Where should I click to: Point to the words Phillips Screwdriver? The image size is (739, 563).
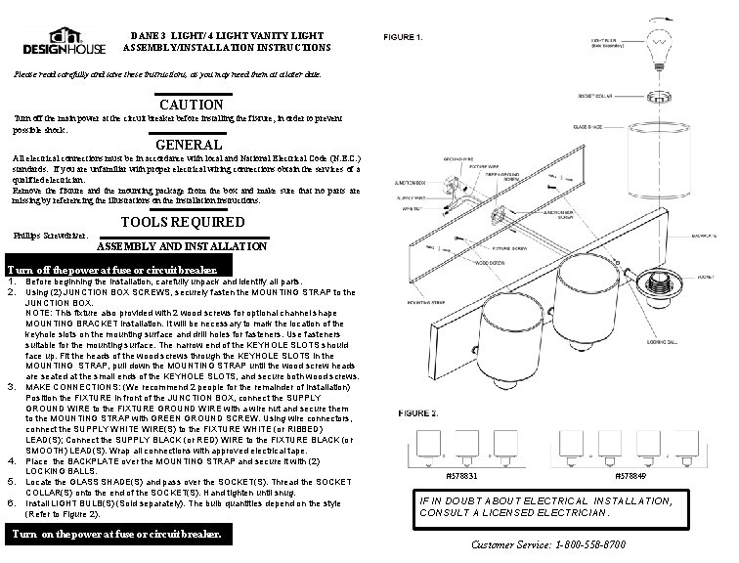52,237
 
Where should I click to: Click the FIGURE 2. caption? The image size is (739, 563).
407,413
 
